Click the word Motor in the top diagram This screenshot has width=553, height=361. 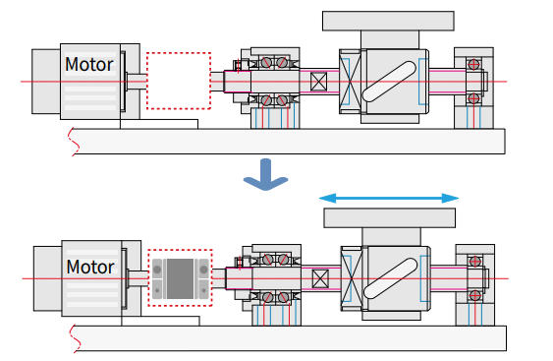coord(89,64)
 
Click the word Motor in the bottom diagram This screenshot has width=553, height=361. coord(90,267)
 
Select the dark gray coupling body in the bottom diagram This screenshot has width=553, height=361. coord(180,278)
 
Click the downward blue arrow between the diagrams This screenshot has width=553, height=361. coord(265,174)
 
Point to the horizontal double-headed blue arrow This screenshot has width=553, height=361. coord(389,198)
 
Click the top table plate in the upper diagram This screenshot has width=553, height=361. coord(388,21)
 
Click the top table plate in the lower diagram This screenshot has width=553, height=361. coord(389,218)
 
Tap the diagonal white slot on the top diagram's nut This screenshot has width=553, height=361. coord(389,82)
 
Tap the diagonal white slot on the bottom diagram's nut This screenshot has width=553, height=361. coord(390,278)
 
